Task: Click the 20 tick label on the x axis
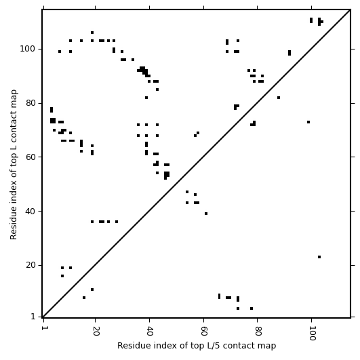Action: tap(96, 331)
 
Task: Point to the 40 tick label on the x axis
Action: tap(150, 331)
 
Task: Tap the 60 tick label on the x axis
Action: tap(204, 331)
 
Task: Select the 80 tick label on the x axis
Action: tap(258, 331)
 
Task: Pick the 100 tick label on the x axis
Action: tap(312, 333)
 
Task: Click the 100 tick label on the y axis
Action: tap(27, 49)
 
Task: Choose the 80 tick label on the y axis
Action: tap(30, 103)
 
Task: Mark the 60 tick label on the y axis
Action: tap(30, 157)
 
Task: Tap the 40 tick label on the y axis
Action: tap(30, 211)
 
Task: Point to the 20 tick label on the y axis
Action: tap(30, 265)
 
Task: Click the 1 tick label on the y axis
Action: tap(33, 317)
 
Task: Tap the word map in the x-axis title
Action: tap(268, 346)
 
